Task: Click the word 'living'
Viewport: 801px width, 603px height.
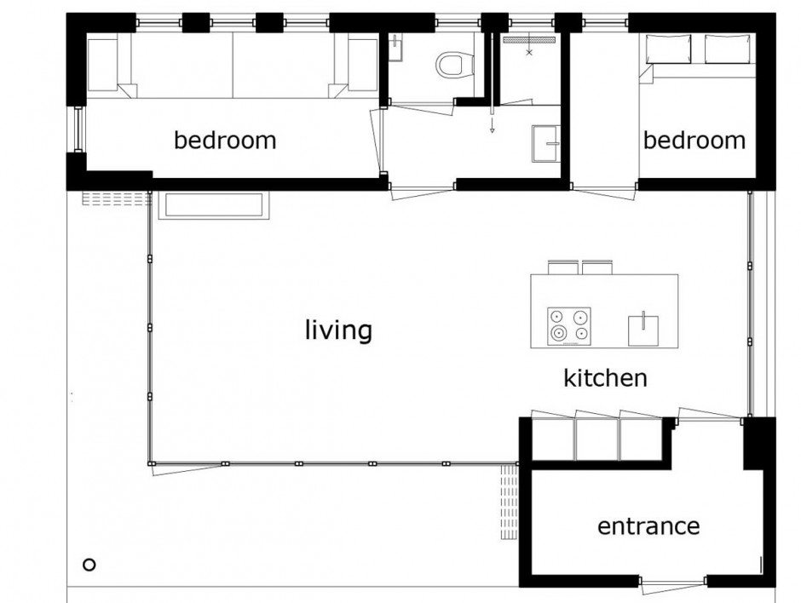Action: pos(338,330)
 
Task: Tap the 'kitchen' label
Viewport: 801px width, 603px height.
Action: pos(605,378)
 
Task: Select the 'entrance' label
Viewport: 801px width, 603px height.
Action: pos(648,526)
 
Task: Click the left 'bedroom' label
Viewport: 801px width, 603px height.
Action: pos(225,140)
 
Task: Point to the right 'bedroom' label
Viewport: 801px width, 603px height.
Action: pos(694,140)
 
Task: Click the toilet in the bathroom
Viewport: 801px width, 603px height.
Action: pos(450,65)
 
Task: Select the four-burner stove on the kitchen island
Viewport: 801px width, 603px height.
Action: pos(569,325)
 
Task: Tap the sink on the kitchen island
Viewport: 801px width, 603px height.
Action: pos(643,330)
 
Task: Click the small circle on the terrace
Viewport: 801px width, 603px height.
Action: pos(89,565)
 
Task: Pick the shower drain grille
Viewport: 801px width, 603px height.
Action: pos(529,39)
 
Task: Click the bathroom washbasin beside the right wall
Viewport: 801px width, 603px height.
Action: pos(546,143)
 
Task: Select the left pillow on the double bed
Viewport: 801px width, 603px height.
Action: pos(669,49)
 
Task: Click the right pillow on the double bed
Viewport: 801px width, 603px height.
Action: pos(728,49)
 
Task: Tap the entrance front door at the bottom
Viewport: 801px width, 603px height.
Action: pos(672,583)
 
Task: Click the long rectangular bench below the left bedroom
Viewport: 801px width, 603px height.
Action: pos(214,206)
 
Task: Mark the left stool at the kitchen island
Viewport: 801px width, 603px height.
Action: pos(563,267)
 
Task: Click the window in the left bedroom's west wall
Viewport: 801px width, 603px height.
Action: pos(78,129)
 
